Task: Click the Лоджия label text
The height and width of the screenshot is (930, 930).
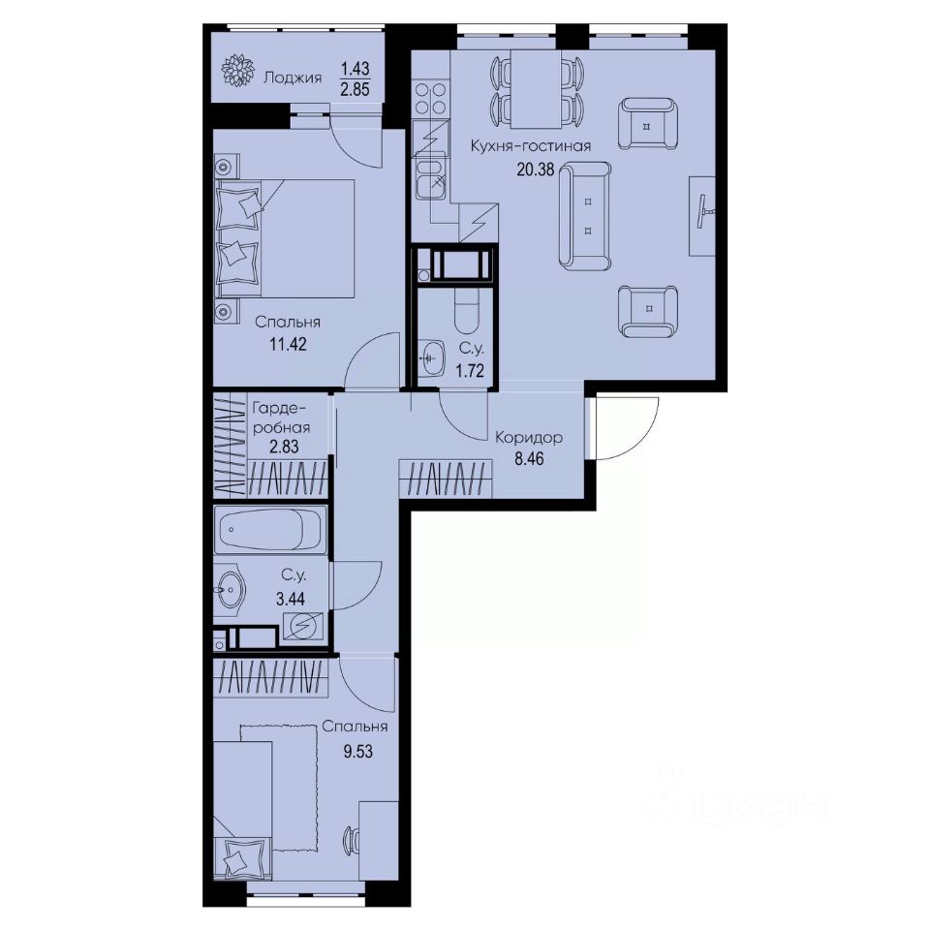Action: point(292,76)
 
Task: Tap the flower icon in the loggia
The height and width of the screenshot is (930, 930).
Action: point(237,72)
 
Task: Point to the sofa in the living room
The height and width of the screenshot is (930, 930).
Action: point(585,216)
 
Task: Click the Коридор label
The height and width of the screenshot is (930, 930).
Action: point(528,437)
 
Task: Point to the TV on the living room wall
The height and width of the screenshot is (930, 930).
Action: point(704,203)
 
